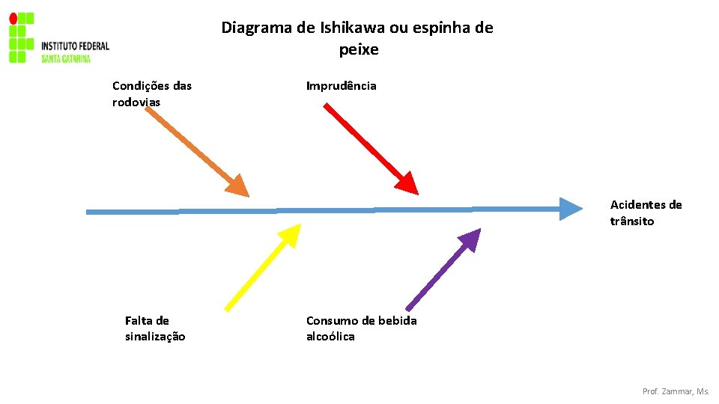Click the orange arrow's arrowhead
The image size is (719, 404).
pos(237,186)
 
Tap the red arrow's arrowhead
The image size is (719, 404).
pos(406,183)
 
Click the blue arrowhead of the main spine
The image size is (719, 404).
pos(570,209)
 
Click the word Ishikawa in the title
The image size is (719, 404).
pos(348,28)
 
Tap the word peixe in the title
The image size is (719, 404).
pos(359,50)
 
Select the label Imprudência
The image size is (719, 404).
pos(341,85)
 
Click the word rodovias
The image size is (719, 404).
pos(136,102)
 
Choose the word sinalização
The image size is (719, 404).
pos(155,337)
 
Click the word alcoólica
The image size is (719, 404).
pos(330,337)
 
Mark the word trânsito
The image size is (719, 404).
pos(632,221)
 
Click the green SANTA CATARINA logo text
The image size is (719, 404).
pos(66,58)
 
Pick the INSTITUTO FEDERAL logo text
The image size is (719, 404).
pos(75,46)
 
